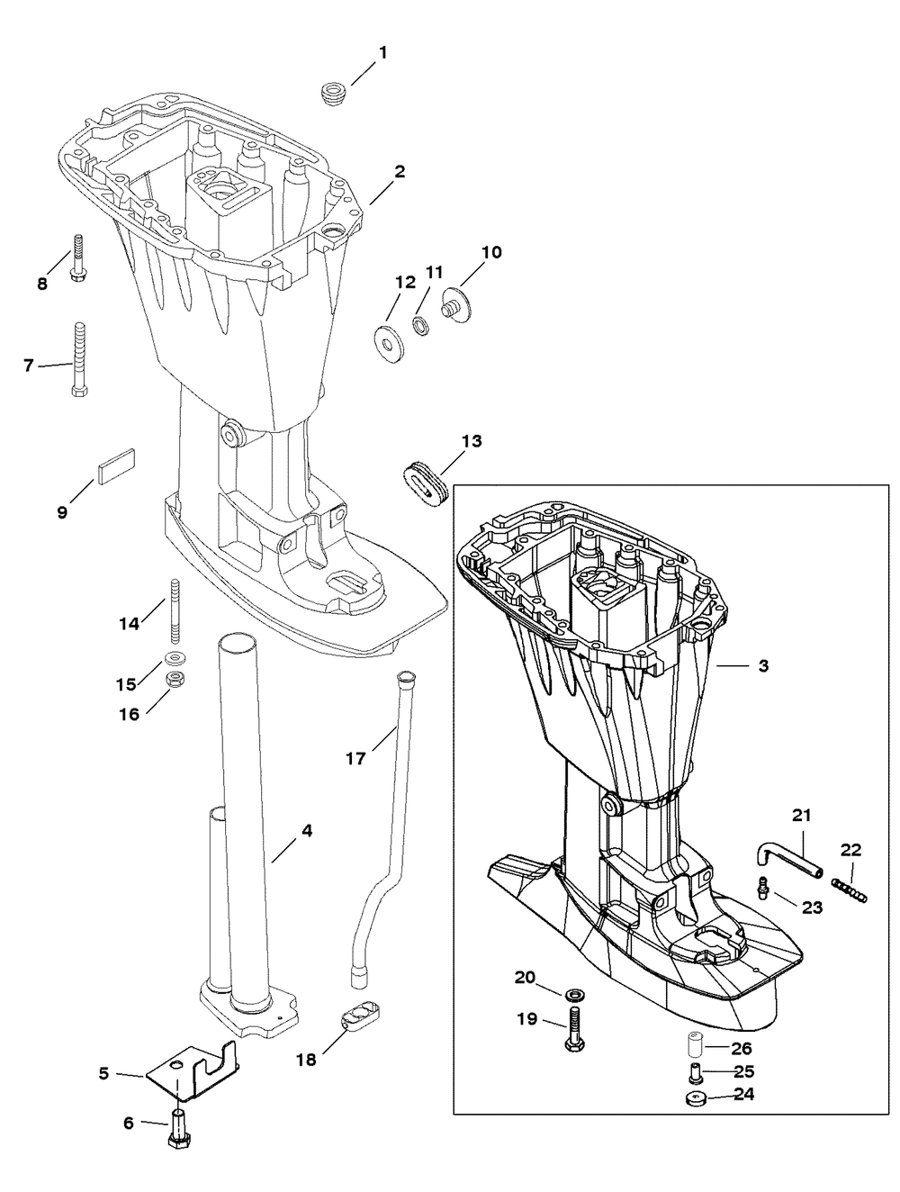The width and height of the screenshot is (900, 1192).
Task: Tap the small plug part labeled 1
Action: [334, 93]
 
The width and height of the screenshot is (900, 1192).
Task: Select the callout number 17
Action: [355, 759]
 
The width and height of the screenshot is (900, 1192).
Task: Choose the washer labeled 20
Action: [573, 994]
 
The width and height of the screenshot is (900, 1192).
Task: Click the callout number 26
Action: [741, 1049]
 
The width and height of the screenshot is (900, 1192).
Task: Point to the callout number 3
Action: [763, 666]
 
